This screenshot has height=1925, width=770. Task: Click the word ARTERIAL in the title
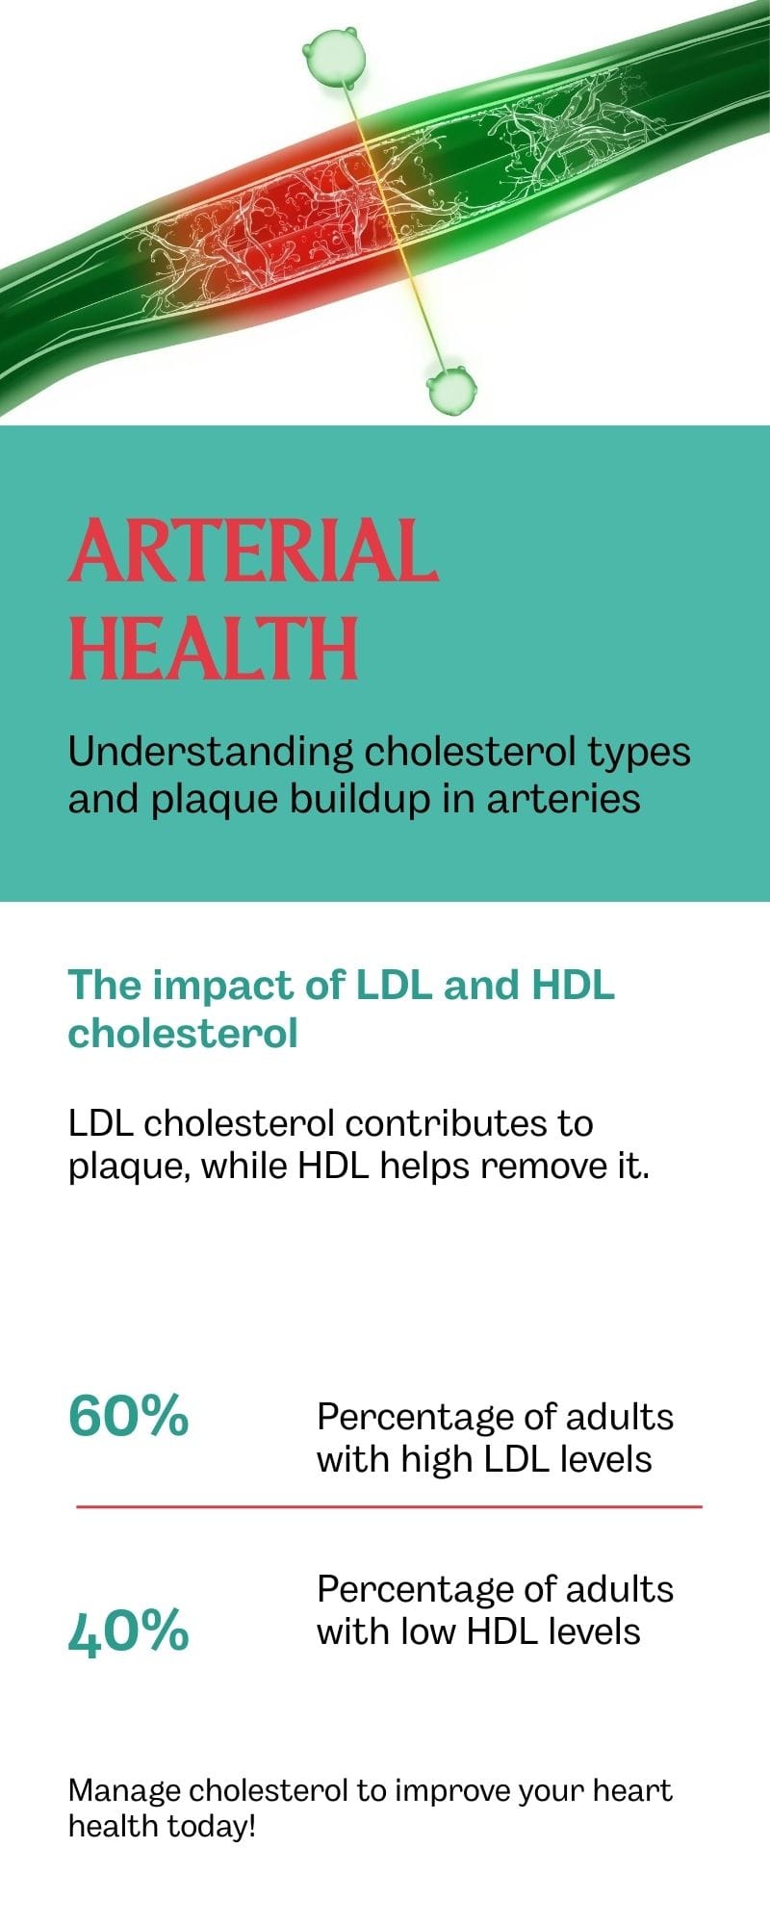click(x=253, y=551)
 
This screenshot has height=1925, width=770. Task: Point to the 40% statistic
click(x=129, y=1631)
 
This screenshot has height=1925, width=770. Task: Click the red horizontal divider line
click(x=389, y=1506)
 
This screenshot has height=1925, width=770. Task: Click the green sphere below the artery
click(x=451, y=390)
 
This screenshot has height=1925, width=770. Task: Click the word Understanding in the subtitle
click(x=211, y=752)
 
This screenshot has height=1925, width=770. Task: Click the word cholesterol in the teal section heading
click(x=183, y=1033)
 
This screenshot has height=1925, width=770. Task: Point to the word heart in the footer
click(x=632, y=1790)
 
